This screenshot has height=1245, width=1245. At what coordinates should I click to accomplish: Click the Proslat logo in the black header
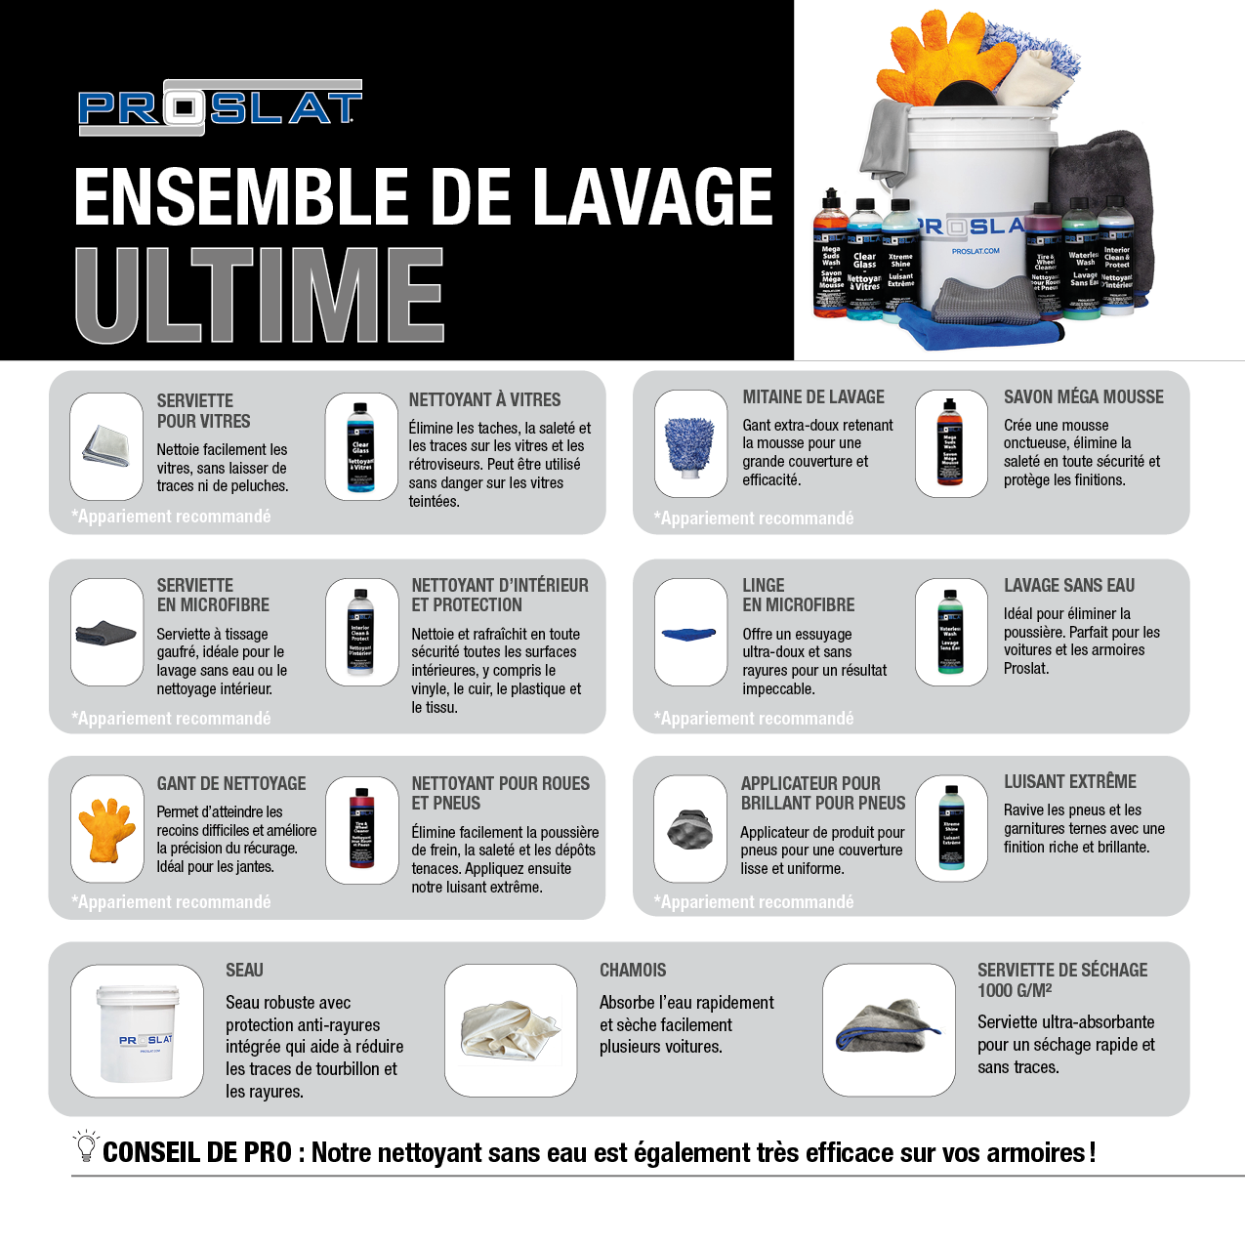click(x=220, y=107)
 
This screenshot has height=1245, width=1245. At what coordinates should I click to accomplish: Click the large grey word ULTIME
click(x=260, y=295)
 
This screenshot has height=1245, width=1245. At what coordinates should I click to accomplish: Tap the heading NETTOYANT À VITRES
click(x=484, y=399)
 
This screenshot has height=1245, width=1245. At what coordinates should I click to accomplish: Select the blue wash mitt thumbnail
click(x=690, y=444)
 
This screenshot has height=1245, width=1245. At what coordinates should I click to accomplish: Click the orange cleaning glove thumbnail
click(x=107, y=829)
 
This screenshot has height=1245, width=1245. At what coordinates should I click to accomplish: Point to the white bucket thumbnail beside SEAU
click(x=138, y=1030)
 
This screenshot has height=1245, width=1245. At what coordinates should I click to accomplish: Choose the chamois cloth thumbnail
click(x=511, y=1030)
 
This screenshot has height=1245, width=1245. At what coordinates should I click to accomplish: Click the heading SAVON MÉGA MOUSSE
click(x=1083, y=396)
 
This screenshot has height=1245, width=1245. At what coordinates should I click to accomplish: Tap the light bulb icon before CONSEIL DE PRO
click(x=86, y=1146)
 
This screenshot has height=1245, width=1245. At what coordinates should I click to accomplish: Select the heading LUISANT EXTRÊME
click(x=1069, y=781)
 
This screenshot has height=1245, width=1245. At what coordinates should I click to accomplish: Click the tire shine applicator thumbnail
click(x=690, y=830)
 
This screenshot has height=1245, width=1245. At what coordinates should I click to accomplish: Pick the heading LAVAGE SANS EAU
click(x=1068, y=585)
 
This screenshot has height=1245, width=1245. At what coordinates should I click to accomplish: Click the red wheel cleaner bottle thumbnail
click(x=361, y=830)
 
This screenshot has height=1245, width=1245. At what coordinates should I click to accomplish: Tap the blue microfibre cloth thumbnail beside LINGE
click(x=690, y=634)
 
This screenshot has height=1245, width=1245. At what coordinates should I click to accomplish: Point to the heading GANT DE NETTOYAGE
click(x=231, y=783)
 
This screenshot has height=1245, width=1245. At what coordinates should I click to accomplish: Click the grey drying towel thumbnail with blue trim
click(x=888, y=1027)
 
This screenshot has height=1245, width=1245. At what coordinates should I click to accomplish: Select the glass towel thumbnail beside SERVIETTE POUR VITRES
click(x=107, y=446)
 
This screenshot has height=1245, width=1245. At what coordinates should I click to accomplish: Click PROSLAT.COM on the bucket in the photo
click(x=975, y=251)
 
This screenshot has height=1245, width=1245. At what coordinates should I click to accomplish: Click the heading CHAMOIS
click(x=633, y=970)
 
